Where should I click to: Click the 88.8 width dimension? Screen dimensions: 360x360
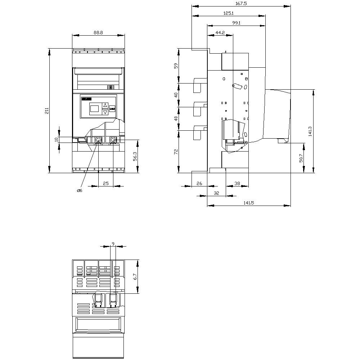[x=98, y=32]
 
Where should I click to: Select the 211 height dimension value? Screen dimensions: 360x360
[x=47, y=111]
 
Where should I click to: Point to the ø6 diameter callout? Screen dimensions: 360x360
[x=80, y=190]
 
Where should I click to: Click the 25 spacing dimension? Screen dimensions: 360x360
[x=106, y=184]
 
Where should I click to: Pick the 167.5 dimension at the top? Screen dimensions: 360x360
[x=241, y=3]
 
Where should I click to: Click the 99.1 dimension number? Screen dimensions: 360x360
[x=236, y=23]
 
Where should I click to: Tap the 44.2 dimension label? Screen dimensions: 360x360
[x=220, y=32]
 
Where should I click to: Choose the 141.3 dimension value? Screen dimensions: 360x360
[x=310, y=131]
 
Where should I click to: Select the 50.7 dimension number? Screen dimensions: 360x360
[x=301, y=158]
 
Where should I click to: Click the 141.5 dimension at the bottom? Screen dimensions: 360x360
[x=249, y=203]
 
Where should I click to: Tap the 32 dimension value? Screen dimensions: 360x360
[x=217, y=193]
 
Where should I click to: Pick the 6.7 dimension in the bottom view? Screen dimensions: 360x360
[x=135, y=276]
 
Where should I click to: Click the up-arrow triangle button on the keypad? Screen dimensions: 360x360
[x=105, y=105]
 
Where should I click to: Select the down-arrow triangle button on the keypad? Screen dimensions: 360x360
[x=105, y=112]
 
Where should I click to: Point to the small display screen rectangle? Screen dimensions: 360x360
[x=94, y=108]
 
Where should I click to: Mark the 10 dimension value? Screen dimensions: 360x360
[x=56, y=140]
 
